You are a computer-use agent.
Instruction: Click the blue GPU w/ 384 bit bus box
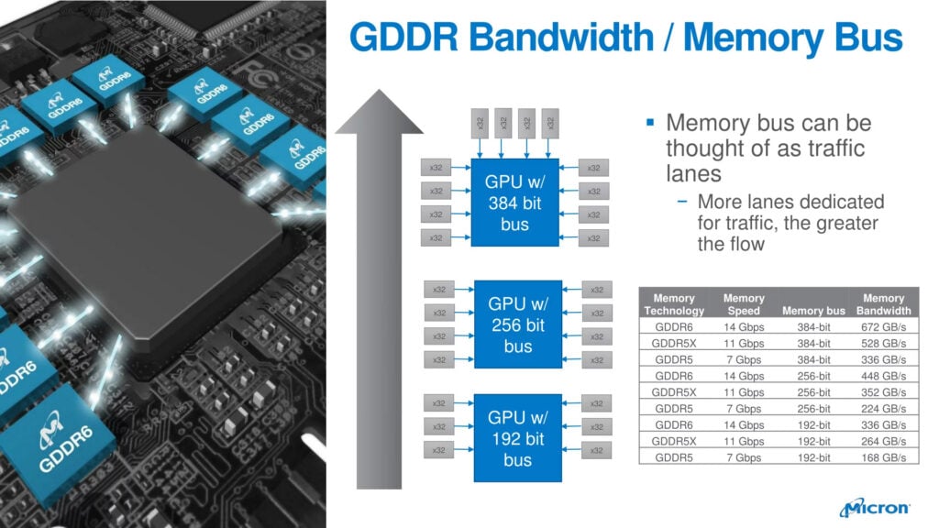[x=514, y=203]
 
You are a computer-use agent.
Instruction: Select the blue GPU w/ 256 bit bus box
[x=517, y=324]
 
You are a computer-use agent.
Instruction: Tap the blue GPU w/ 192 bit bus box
[x=517, y=438]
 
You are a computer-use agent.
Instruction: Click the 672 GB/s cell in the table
[x=883, y=326]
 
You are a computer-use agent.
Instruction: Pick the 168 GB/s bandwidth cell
[x=883, y=457]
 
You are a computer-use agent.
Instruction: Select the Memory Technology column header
[x=674, y=304]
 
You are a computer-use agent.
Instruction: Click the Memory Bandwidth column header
[x=883, y=304]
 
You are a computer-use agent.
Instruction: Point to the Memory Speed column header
[x=743, y=304]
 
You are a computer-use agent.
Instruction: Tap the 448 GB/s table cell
[x=883, y=376]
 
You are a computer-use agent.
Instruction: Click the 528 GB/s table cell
[x=883, y=343]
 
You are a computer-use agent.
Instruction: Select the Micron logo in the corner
[x=874, y=507]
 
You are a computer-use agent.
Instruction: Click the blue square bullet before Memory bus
[x=650, y=122]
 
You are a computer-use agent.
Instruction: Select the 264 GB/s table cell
[x=883, y=441]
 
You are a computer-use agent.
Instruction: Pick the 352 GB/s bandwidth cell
[x=883, y=392]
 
